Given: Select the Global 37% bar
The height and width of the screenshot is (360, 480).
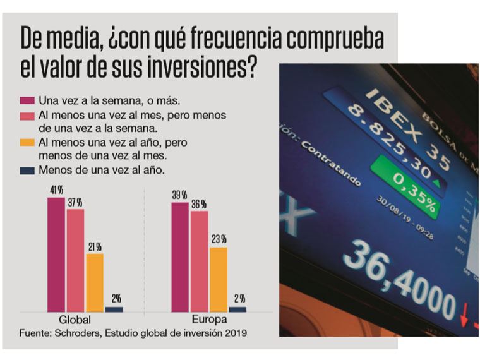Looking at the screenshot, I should point(75,260).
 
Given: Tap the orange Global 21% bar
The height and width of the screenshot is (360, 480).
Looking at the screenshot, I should point(95,282).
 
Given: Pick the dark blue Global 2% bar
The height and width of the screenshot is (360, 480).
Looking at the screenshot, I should point(114,309).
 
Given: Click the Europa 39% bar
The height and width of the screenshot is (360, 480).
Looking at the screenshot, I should point(180,257).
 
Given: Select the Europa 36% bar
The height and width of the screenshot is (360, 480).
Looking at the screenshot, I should point(200,261).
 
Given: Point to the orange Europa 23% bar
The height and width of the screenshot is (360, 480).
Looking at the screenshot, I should point(219,279).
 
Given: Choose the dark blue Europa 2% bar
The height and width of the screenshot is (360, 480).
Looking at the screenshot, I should point(238,309).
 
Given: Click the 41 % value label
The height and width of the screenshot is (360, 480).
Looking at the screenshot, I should point(56,189).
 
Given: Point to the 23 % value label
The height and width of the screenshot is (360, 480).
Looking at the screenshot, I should point(219,239).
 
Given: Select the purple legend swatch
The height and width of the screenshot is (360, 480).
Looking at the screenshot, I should point(28,100).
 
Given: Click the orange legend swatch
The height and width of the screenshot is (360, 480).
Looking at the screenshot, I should point(28,143).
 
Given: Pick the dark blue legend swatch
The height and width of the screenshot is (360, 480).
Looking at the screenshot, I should point(28,170).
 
